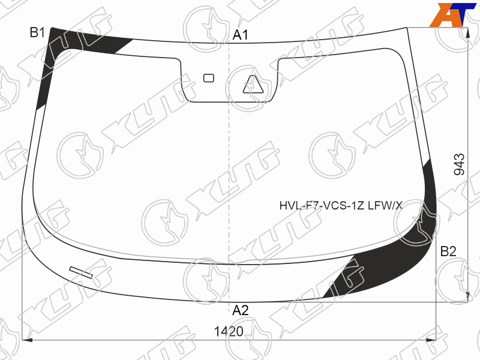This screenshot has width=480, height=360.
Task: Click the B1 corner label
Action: pos(37,32)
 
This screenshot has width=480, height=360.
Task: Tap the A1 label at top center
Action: pos(241,35)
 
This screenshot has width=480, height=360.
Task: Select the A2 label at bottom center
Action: pos(241,310)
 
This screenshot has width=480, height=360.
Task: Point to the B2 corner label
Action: pos(448,251)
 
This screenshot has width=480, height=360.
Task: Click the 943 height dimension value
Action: pos(459,164)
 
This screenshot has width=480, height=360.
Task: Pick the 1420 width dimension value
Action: pos(229,332)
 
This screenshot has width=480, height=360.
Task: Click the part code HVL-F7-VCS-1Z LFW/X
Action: pos(341,205)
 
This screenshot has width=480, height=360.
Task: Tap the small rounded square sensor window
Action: pos(209,78)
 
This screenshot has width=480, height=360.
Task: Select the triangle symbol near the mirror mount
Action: pos(253,84)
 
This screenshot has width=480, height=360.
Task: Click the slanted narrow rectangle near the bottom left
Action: pos(81,272)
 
